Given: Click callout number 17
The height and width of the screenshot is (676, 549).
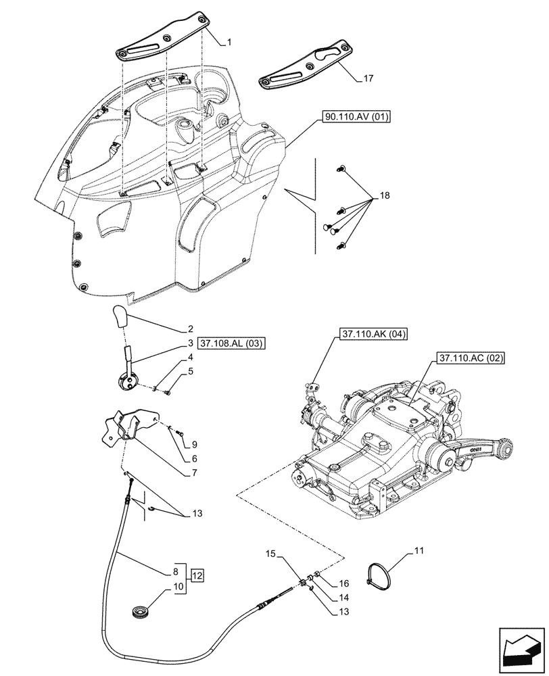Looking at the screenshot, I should (367, 79).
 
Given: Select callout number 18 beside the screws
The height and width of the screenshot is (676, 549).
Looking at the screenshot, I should (385, 195).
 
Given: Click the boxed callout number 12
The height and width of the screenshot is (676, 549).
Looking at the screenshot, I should (197, 576).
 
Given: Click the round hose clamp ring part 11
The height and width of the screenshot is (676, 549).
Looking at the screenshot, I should (379, 576).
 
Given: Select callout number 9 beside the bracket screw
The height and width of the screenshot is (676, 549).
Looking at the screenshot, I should (194, 444).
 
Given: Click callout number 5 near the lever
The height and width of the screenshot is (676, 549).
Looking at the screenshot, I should (191, 371).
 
